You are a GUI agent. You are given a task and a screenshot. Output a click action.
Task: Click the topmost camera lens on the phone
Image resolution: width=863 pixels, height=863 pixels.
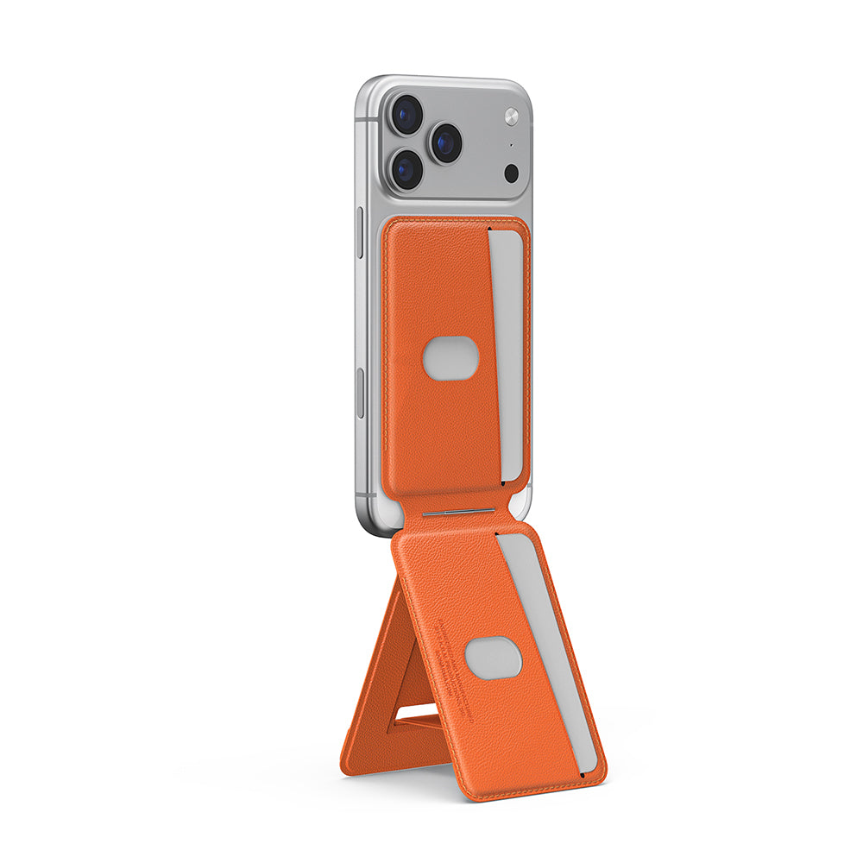pos(406,114)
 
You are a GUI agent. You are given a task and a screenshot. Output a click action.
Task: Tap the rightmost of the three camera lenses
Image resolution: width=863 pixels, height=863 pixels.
pos(445,142)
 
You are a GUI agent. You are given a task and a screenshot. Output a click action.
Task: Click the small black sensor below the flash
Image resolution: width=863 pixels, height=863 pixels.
pos(511,172)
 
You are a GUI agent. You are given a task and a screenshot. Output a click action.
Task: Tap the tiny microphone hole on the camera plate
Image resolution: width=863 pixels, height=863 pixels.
pos(510,145)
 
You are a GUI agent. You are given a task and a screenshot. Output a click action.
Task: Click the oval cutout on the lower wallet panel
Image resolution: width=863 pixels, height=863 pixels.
pos(493,659)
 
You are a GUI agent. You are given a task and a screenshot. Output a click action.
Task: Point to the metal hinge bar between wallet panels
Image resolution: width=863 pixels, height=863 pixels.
pos(459,513)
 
